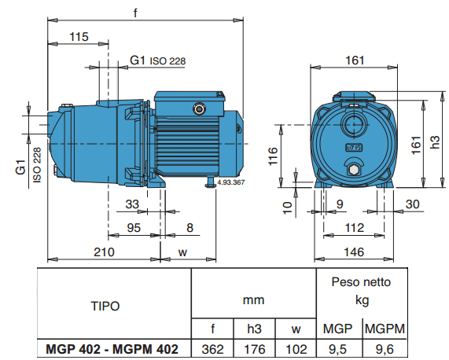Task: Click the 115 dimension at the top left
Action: coord(78,36)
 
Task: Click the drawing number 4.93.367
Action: coord(230,182)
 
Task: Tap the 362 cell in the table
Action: coord(213,348)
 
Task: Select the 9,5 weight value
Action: coord(338,348)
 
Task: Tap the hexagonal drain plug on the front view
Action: coord(353,170)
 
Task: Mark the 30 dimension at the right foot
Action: coord(413,205)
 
